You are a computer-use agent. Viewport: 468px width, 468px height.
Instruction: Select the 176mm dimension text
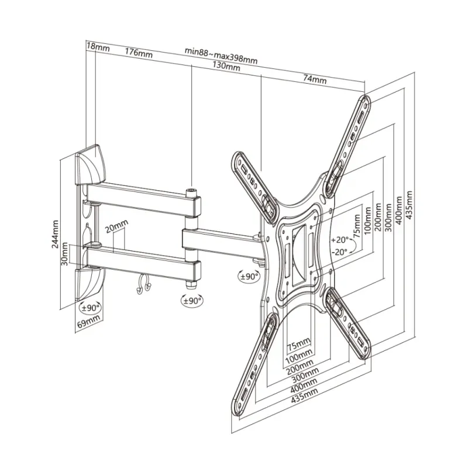click(139, 53)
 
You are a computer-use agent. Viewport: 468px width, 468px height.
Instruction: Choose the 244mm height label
click(54, 235)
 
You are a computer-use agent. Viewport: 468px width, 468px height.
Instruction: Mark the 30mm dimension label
click(66, 253)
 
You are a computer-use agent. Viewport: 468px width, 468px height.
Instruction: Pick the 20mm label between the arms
click(117, 225)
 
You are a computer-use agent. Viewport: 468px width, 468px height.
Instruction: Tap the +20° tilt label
click(339, 240)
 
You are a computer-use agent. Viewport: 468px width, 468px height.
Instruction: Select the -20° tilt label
click(339, 251)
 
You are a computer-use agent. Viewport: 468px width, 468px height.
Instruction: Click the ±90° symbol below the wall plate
click(91, 306)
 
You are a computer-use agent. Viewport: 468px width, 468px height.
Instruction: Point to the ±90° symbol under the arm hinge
click(191, 300)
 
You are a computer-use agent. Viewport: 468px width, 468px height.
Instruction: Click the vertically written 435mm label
click(409, 207)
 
